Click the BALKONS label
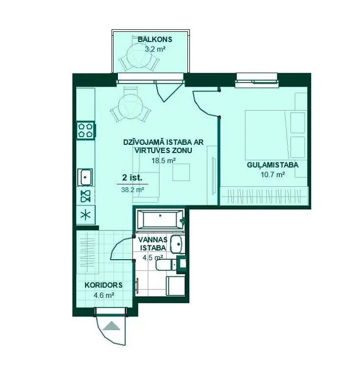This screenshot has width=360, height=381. click(x=155, y=39)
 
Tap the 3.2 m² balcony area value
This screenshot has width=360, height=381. click(x=155, y=49)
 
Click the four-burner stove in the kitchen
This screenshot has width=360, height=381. click(x=86, y=130)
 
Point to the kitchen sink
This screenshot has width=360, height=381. click(x=85, y=177)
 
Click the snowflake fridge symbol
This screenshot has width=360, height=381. click(x=86, y=215)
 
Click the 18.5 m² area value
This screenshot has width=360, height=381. click(x=163, y=160)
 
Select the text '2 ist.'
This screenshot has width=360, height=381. click(x=132, y=178)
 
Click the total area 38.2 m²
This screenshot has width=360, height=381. click(x=133, y=190)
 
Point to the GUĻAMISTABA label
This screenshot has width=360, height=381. click(x=272, y=165)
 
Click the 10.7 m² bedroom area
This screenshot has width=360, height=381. click(x=273, y=175)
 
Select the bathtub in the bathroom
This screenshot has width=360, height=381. click(x=160, y=220)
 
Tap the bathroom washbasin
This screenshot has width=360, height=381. click(x=177, y=244)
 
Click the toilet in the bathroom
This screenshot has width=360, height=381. click(x=166, y=265)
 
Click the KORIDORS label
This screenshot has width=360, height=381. click(x=104, y=285)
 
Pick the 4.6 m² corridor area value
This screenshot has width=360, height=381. click(x=104, y=295)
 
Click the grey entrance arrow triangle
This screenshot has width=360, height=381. click(x=112, y=326)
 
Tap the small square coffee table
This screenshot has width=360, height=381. click(x=181, y=172)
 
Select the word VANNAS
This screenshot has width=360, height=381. click(x=153, y=240)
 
